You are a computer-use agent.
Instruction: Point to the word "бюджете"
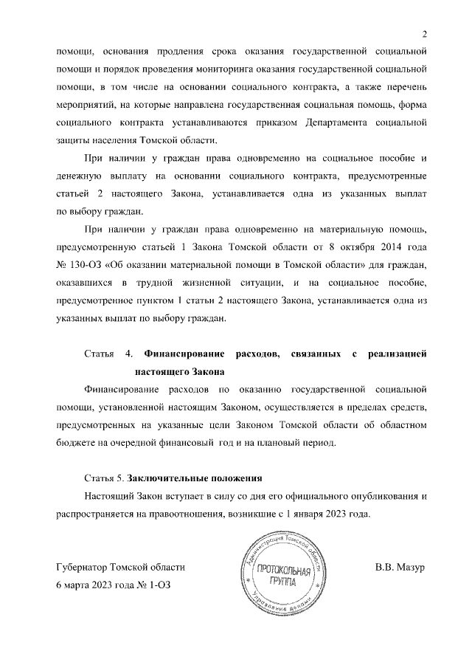pyautogui.click(x=77, y=442)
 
